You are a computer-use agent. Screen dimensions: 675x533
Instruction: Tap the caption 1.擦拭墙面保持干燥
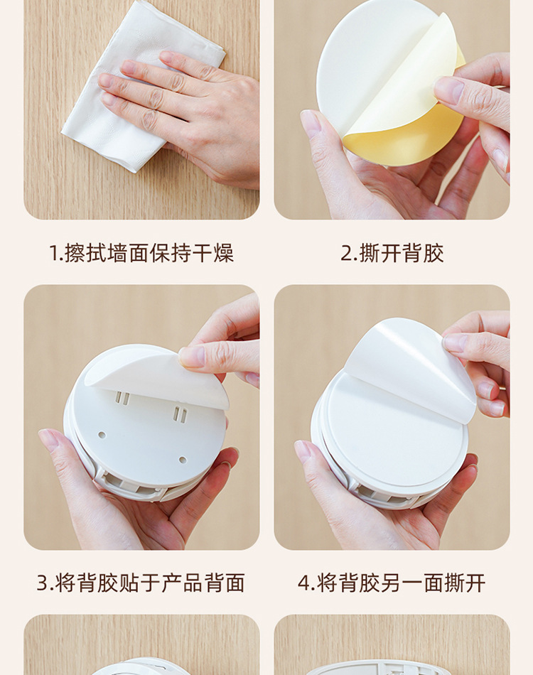(141, 253)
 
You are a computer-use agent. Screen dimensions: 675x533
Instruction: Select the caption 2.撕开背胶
(392, 253)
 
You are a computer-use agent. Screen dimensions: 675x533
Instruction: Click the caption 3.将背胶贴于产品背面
(141, 583)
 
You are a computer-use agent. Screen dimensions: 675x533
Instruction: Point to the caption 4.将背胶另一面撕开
(392, 583)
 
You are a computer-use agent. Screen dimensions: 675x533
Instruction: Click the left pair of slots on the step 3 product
(122, 399)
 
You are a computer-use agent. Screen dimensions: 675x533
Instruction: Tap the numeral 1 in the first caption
(53, 253)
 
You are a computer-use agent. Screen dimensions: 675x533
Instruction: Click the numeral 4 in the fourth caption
(304, 583)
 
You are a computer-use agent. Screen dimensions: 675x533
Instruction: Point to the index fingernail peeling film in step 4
(456, 342)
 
